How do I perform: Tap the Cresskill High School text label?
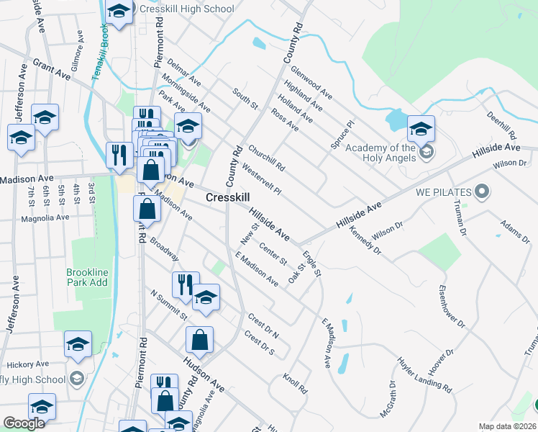(187, 9)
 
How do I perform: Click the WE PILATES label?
(443, 192)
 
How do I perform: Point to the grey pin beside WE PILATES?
(483, 192)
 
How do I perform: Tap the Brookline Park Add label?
(88, 278)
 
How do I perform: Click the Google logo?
(24, 424)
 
